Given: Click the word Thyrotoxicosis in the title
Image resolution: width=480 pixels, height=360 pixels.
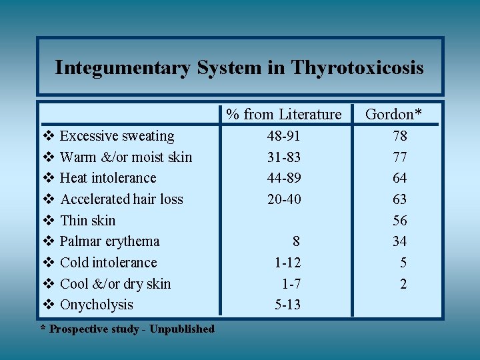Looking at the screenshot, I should click(357, 68).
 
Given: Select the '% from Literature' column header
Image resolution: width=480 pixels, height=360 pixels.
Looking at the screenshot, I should click(283, 115).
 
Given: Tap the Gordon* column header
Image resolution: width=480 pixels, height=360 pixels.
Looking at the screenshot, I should click(393, 115).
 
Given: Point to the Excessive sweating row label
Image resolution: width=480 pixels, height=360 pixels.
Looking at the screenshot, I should click(117, 136).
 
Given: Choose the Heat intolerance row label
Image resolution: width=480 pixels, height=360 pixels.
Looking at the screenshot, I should click(108, 178).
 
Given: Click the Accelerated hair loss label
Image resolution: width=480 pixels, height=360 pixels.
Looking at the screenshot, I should click(121, 199).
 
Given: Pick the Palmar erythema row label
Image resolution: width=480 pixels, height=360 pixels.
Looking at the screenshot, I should click(110, 241).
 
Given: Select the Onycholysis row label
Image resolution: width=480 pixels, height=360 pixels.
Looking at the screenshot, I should click(97, 305).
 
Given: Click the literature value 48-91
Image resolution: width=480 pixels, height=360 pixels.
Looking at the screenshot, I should click(283, 136).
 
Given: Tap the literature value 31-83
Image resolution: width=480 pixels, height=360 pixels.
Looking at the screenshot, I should click(283, 157).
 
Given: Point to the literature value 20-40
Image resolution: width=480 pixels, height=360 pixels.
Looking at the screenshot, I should click(283, 199).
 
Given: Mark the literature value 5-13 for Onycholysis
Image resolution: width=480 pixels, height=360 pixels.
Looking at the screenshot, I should click(287, 305).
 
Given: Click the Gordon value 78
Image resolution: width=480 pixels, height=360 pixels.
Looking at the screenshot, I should click(399, 136).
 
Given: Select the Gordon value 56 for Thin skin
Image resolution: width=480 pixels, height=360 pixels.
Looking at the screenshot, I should click(399, 221).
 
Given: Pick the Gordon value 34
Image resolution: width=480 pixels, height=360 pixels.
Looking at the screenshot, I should click(399, 241).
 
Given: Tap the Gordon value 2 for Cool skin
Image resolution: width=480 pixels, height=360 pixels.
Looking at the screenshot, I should click(403, 284).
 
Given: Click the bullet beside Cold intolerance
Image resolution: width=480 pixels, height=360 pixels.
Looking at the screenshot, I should click(47, 263).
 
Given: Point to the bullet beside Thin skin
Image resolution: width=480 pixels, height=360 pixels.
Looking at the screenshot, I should click(47, 221).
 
